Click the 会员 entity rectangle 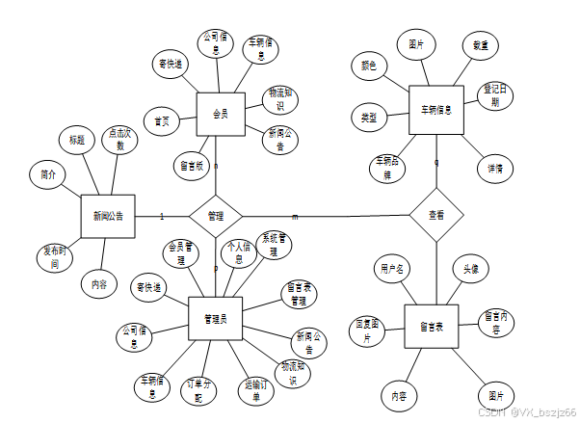click(x=220, y=115)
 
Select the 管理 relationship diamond click(x=215, y=216)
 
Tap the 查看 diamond click(x=435, y=216)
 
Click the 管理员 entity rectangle click(x=215, y=318)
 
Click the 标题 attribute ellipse click(x=77, y=141)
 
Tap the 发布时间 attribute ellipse click(x=56, y=257)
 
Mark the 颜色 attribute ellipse click(x=367, y=66)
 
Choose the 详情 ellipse click(x=494, y=168)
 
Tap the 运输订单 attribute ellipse click(x=250, y=390)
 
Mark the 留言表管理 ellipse click(x=300, y=294)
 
